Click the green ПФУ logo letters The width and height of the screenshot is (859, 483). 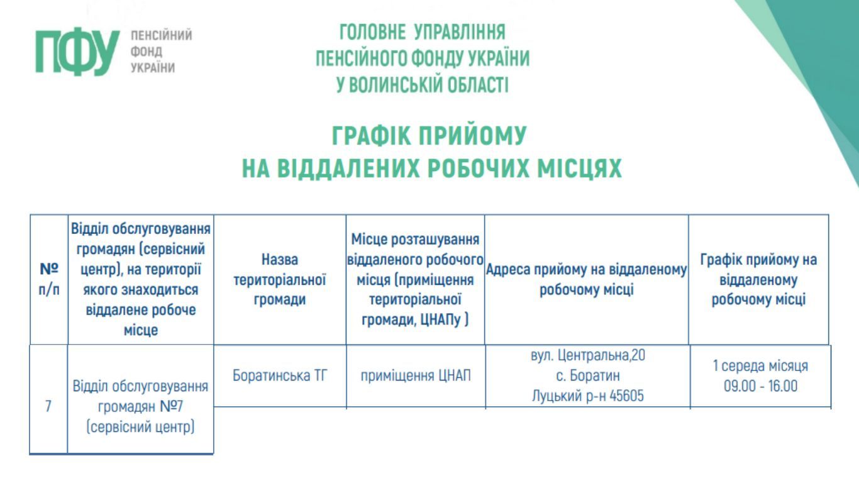(77, 52)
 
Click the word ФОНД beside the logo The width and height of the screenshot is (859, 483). (146, 52)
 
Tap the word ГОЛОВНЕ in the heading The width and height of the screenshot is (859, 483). (372, 32)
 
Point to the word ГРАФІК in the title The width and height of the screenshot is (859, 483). (372, 135)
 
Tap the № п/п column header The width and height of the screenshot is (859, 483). (49, 279)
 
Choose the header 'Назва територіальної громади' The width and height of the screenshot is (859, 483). (280, 280)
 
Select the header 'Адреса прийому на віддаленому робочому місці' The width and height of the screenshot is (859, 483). (586, 280)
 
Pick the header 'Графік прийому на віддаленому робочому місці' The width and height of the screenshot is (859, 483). (758, 280)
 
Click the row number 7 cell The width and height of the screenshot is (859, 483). (48, 406)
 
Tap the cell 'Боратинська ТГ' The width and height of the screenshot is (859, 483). (280, 375)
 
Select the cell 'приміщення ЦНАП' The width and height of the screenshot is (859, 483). (416, 375)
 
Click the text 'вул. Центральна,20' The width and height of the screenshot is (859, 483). (588, 355)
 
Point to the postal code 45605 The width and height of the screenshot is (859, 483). (626, 396)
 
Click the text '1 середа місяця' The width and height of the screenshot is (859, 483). (760, 365)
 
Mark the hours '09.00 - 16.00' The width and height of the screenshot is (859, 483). (760, 386)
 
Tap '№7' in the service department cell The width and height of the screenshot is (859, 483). (171, 406)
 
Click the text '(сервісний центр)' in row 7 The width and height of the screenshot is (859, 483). (140, 427)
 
